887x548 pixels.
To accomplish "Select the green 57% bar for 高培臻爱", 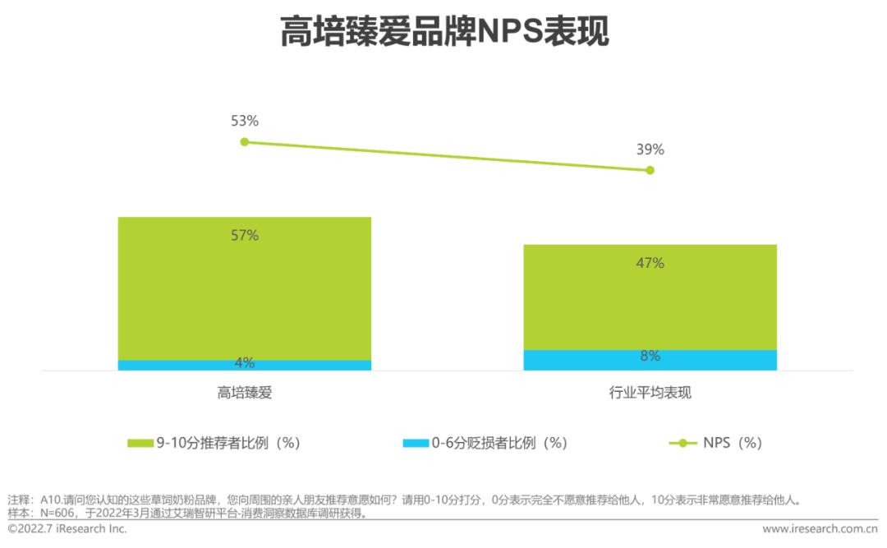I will pyautogui.click(x=244, y=288).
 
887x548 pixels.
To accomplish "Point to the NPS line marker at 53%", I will pyautogui.click(x=244, y=141).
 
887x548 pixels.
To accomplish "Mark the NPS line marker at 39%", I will pyautogui.click(x=650, y=170).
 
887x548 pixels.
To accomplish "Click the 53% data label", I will pyautogui.click(x=244, y=121).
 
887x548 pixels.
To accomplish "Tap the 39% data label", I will pyautogui.click(x=650, y=150).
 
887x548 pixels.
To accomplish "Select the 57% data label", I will pyautogui.click(x=244, y=236).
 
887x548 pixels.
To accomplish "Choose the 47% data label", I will pyautogui.click(x=650, y=263).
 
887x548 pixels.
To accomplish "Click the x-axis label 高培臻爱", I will pyautogui.click(x=244, y=393).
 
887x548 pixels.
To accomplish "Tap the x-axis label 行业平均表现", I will pyautogui.click(x=650, y=393).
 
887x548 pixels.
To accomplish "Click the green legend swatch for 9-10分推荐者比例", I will pyautogui.click(x=140, y=443).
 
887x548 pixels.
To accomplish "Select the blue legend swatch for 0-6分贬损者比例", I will pyautogui.click(x=416, y=443).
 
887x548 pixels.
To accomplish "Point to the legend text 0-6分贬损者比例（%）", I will pyautogui.click(x=499, y=443).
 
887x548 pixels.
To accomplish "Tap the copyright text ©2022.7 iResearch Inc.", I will pyautogui.click(x=67, y=529).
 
